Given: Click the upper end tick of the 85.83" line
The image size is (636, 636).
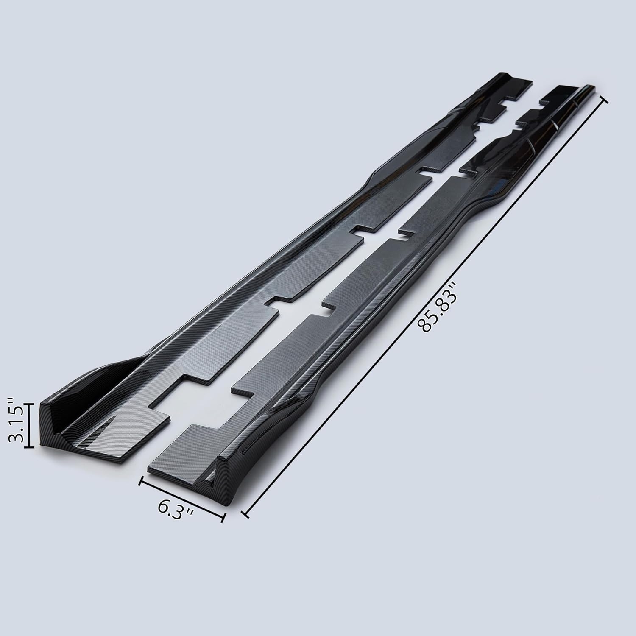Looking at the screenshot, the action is coord(604,100).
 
